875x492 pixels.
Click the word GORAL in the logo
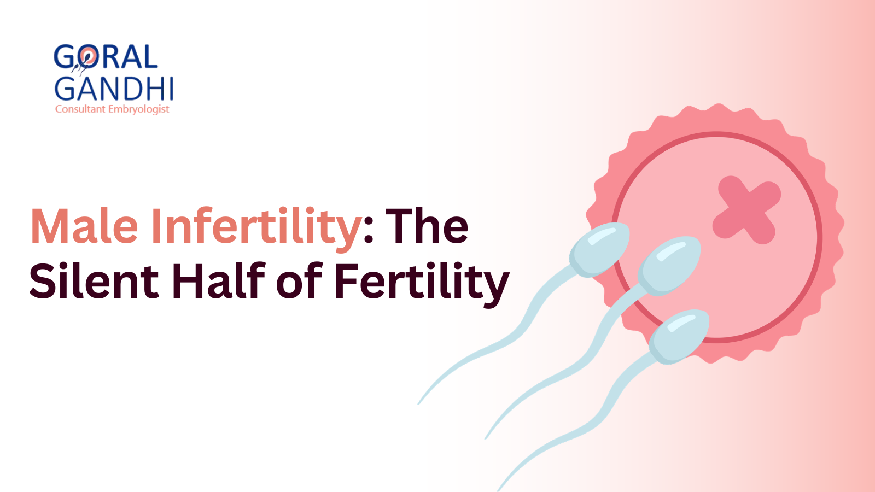pyautogui.click(x=106, y=57)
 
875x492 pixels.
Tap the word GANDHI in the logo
pyautogui.click(x=114, y=89)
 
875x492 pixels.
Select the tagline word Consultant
pyautogui.click(x=80, y=109)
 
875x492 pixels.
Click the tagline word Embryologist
pyautogui.click(x=138, y=109)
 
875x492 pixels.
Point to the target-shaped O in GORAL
pyautogui.click(x=87, y=57)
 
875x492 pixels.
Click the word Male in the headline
pyautogui.click(x=84, y=226)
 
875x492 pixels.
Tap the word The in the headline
pyautogui.click(x=427, y=226)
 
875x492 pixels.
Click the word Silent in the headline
pyautogui.click(x=94, y=282)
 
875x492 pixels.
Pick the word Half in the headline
pyautogui.click(x=218, y=282)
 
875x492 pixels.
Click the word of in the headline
pyautogui.click(x=299, y=282)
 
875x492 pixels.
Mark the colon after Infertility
pyautogui.click(x=368, y=233)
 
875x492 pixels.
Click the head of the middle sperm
pyautogui.click(x=668, y=265)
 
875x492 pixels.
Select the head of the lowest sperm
pyautogui.click(x=679, y=335)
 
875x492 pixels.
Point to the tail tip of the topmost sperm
pyautogui.click(x=419, y=403)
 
